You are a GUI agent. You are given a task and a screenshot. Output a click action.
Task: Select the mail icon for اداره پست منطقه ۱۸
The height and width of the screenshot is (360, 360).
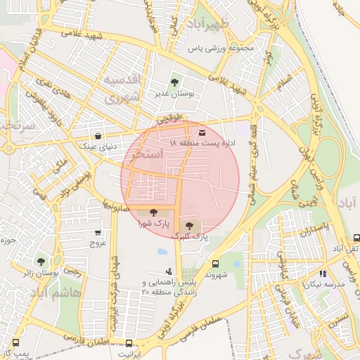coord(202,132)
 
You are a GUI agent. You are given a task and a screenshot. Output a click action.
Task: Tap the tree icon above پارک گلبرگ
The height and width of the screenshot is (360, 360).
coord(188,225)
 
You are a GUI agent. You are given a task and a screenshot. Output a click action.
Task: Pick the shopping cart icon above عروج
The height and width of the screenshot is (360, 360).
coord(97,233)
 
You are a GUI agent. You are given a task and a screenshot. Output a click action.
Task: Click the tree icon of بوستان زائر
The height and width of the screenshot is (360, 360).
coord(40,262)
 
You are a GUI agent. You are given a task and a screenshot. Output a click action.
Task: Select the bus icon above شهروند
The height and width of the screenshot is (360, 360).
coord(215,264)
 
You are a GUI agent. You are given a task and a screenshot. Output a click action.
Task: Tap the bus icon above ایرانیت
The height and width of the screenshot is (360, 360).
coord(129,343)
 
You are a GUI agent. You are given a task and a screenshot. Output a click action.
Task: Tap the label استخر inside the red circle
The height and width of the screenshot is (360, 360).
coord(147,153)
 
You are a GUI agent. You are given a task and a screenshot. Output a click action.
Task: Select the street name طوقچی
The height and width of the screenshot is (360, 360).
coord(170,120)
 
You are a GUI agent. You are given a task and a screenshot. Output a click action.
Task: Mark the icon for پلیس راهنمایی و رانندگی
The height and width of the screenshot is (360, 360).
coord(168,271)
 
